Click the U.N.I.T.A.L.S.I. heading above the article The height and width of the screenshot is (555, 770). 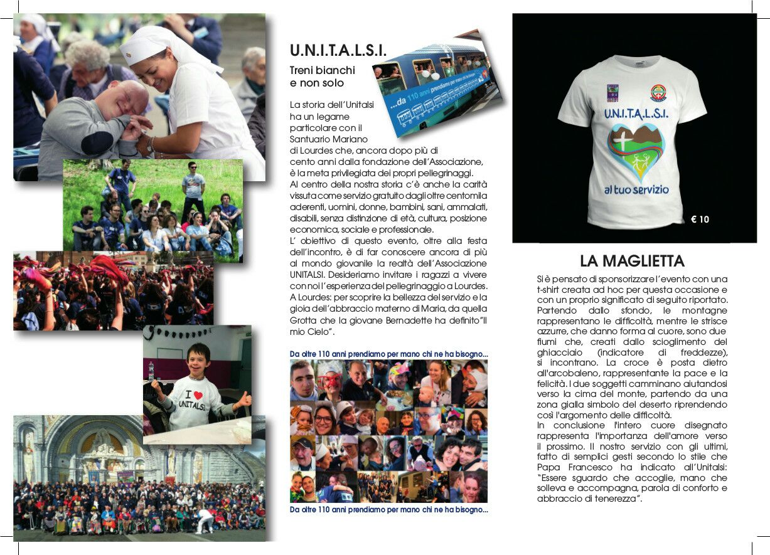pos(338,50)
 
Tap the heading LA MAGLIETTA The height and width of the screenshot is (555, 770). pos(632,261)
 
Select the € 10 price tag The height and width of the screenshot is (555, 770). pos(700,219)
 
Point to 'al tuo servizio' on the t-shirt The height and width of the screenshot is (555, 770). pos(636,188)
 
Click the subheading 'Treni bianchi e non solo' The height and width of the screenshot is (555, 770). pos(323,76)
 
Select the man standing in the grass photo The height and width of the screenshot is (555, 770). pos(194,188)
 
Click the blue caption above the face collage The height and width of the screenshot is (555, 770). pos(388,354)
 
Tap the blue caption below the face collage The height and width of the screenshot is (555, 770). pos(388,510)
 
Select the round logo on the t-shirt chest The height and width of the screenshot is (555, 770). pos(658,92)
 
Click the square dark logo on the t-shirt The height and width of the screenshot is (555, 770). pos(612,92)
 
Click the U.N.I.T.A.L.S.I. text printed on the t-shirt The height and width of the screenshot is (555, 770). pos(636,114)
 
